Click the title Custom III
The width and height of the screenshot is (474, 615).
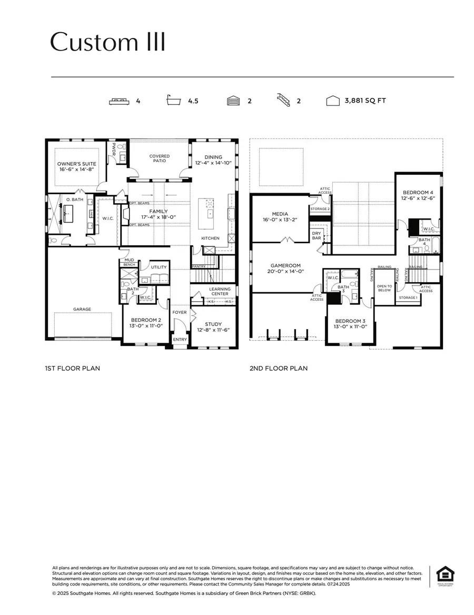[x=108, y=43]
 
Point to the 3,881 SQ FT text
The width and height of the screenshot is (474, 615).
[x=364, y=100]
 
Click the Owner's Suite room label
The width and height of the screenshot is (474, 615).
[x=77, y=164]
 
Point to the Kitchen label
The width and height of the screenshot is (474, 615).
[x=210, y=239]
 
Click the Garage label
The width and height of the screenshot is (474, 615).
[x=82, y=309]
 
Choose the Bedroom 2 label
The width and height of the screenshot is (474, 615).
[x=143, y=320]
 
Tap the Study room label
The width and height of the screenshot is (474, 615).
[x=213, y=324]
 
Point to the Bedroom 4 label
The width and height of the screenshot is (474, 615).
[x=419, y=192]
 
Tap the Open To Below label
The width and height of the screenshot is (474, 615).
[x=384, y=288]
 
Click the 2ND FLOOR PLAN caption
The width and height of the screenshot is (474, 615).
[x=279, y=369]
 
